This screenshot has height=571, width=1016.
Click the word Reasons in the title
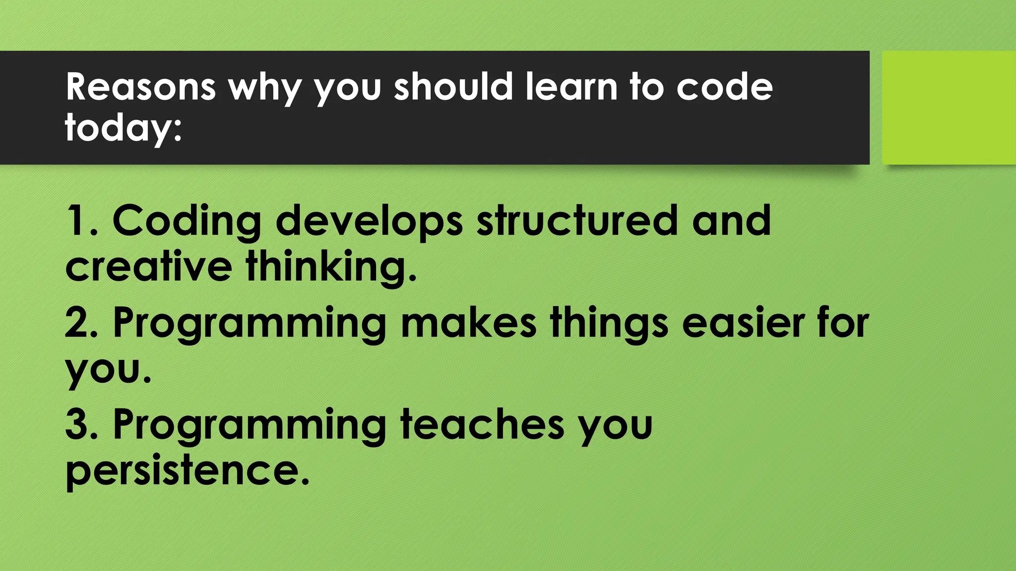coord(140,87)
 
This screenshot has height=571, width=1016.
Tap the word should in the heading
coord(453,87)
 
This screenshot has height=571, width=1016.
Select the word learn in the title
coord(571,87)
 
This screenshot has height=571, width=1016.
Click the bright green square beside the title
coord(949,108)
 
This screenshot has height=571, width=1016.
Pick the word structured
coord(576,221)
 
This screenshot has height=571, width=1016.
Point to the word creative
coord(148,267)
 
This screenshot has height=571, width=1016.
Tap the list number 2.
coord(82,323)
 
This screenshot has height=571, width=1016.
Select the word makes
coord(468,323)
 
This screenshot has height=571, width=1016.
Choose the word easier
coord(743,323)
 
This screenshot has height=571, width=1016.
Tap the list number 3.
coord(82,425)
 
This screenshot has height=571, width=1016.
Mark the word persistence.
coord(188,471)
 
